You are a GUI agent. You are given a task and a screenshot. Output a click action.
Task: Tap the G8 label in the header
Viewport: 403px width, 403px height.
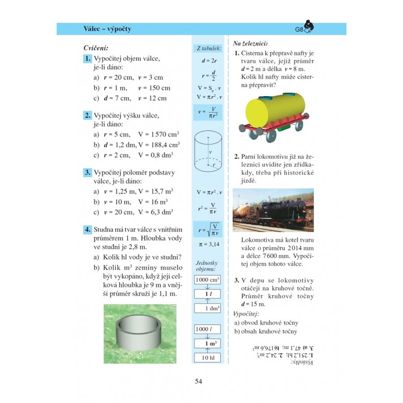pos(299,30)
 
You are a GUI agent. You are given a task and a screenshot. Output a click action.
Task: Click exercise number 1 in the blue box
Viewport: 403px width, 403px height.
pos(88,59)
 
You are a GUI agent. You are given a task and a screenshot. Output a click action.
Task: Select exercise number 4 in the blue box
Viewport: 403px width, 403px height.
pos(88,230)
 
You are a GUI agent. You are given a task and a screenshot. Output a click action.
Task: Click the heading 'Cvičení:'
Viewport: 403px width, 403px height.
pos(96,47)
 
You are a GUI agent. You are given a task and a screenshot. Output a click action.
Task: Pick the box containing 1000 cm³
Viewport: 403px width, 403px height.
pos(207,280)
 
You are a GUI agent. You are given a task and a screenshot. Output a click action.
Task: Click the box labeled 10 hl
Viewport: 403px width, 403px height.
pos(207,358)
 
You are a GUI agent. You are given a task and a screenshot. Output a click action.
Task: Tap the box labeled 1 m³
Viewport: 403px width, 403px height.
pos(207,344)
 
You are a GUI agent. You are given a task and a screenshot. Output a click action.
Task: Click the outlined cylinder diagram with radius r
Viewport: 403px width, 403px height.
pos(207,153)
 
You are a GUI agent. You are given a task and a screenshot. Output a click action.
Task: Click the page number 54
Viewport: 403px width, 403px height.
pos(199,382)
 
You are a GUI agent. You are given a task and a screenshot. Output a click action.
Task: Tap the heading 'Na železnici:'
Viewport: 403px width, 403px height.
pos(250,43)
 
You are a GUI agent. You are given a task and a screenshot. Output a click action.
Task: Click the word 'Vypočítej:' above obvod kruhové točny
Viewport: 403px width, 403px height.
pos(246,313)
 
